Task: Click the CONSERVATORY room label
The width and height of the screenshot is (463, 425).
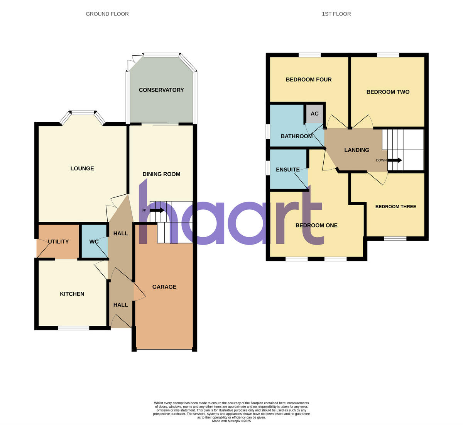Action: tap(161, 90)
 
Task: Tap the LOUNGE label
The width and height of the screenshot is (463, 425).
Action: tap(82, 168)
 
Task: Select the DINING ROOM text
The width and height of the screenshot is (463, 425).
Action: tap(161, 174)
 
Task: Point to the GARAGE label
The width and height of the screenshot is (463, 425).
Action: tap(164, 287)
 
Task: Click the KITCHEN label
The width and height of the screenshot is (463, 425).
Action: tap(72, 294)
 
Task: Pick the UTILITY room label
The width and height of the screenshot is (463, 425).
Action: tap(58, 242)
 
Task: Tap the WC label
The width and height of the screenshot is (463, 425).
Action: tap(94, 242)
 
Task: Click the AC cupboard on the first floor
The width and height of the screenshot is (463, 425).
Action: tap(314, 114)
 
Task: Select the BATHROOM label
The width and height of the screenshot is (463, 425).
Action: tap(297, 136)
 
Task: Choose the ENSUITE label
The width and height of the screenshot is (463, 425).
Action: tap(288, 170)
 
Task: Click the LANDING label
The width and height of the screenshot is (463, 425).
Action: tap(357, 150)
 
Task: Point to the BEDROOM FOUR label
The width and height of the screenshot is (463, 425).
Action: tap(309, 80)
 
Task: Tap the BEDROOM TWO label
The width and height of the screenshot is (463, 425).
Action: tap(388, 92)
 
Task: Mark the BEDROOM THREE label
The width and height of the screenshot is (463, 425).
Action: tap(395, 207)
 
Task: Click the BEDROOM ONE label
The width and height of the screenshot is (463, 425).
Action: tap(316, 225)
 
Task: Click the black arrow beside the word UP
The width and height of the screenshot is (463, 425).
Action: tap(157, 211)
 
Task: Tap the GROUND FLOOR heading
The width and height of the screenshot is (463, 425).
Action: tap(107, 14)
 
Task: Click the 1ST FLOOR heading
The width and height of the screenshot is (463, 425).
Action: tap(336, 14)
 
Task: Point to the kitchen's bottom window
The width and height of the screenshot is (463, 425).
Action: tap(73, 328)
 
